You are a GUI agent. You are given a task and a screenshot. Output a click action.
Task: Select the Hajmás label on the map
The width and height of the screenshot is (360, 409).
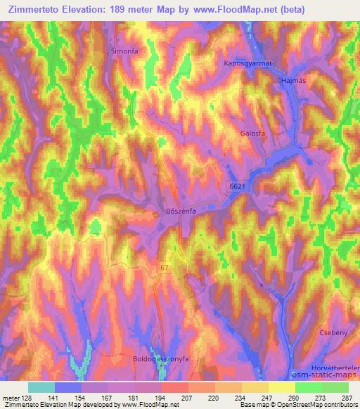[x=294, y=82]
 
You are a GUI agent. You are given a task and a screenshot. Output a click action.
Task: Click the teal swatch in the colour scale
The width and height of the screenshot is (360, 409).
[x=41, y=387]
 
